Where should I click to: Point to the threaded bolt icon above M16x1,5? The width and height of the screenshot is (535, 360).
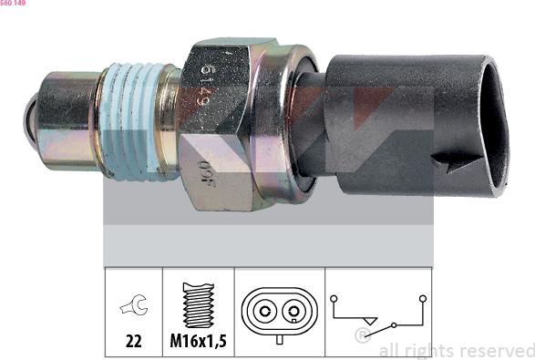tap(198, 304)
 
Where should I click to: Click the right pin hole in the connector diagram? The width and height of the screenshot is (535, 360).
tap(293, 312)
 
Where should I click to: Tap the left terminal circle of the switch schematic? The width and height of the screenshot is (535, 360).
tap(334, 298)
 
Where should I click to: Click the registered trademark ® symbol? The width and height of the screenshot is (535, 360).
tap(362, 336)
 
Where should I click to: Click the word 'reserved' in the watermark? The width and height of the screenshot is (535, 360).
tap(497, 350)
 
